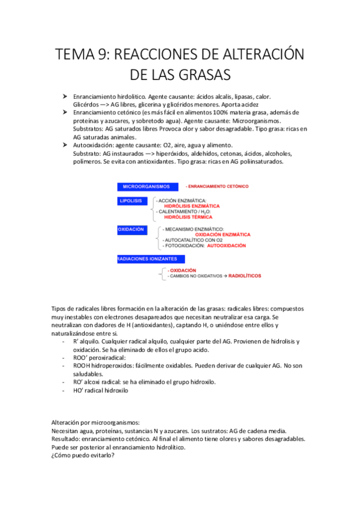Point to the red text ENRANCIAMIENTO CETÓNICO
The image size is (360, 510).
(x=218, y=187)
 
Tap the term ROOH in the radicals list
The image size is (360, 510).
(x=83, y=366)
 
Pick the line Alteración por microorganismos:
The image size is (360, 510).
(x=95, y=422)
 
